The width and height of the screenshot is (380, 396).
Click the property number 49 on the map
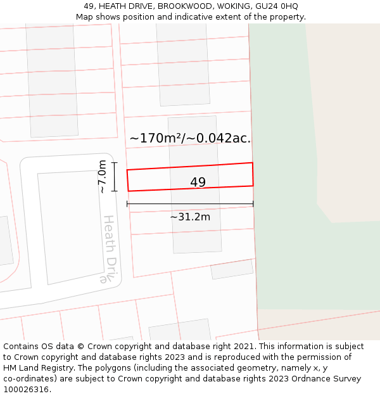pos(198,182)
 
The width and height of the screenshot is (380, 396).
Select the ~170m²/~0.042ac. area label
pos(190,138)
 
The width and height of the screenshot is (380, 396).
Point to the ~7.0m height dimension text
pos(102,177)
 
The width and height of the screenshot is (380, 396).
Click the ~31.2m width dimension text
pos(190,217)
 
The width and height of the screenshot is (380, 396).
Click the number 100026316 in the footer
pos(26,389)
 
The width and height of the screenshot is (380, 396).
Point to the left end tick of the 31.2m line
pos(127,204)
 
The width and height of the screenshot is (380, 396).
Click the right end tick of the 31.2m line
pos(253,204)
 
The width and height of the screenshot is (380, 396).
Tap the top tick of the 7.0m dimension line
pos(115,163)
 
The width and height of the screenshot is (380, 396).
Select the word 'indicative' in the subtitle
pos(196,16)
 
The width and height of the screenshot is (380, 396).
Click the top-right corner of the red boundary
pos(253,163)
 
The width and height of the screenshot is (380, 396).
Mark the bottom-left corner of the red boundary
pos(129,191)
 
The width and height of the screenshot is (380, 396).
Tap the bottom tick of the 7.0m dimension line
pos(115,191)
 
